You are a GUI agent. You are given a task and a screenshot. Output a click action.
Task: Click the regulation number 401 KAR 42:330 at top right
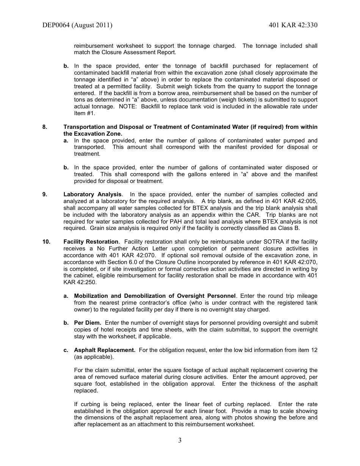(x=293, y=25)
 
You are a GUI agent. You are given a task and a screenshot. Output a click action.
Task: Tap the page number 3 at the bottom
(x=180, y=440)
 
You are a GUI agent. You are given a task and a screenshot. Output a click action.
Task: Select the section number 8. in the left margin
(x=45, y=127)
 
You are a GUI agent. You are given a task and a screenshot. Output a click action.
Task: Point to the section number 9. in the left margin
(x=45, y=194)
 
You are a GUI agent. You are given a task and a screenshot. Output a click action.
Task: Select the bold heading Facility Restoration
(x=91, y=242)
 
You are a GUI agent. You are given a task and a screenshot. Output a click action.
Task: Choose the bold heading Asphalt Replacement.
(x=105, y=350)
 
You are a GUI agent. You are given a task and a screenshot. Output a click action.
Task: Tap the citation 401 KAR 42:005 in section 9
(x=297, y=201)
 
